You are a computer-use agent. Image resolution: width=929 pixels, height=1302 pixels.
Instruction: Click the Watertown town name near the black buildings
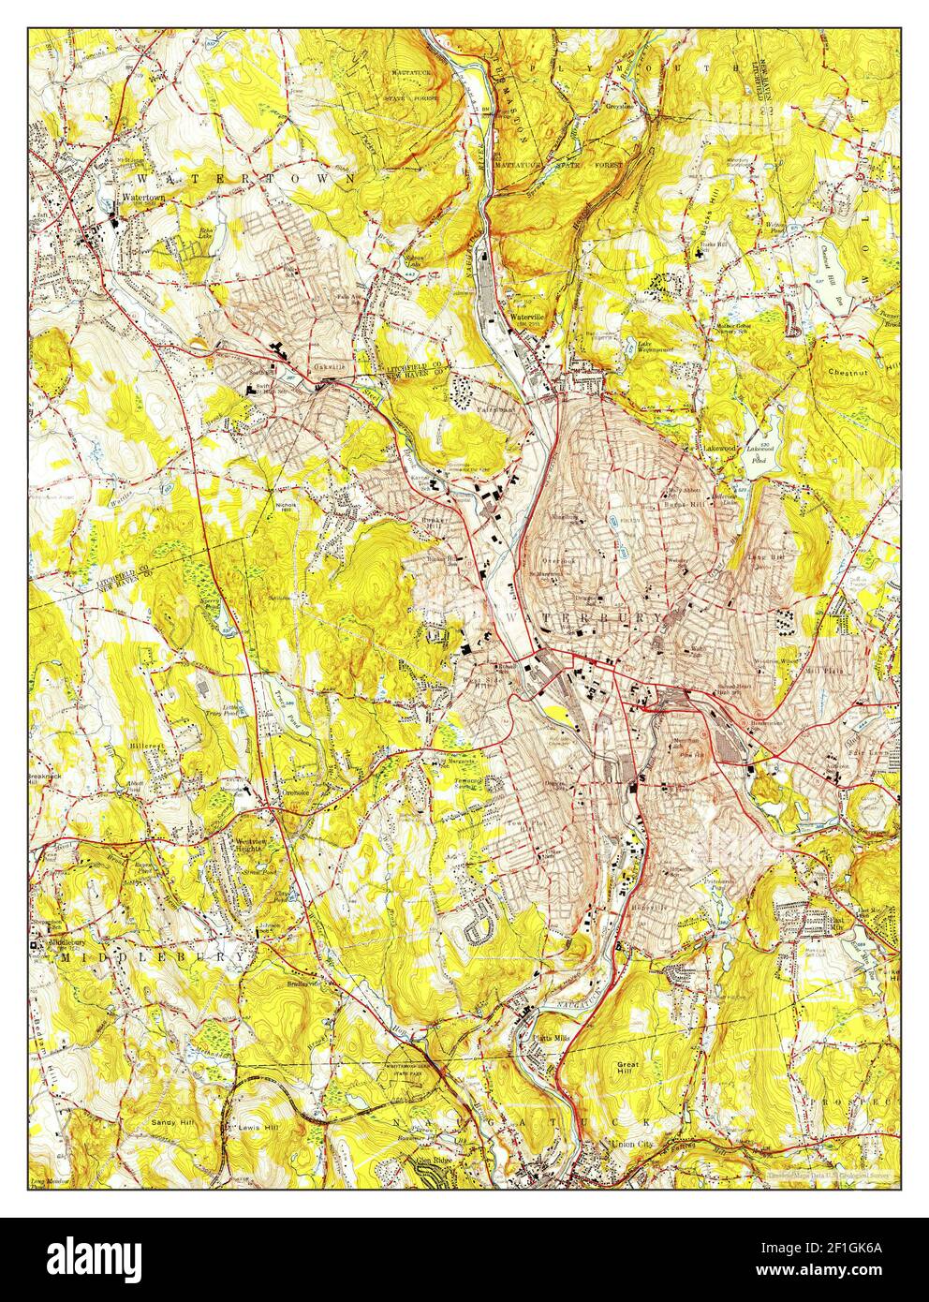[x=141, y=199]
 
